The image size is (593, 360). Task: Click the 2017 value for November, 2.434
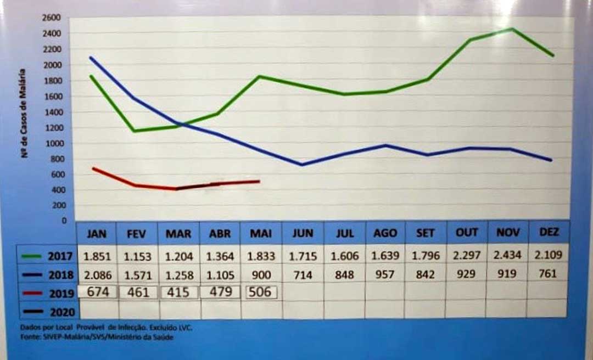(507, 255)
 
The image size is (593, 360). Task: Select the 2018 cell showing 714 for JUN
(303, 274)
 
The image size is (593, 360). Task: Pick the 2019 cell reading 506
(260, 292)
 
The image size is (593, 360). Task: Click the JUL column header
(345, 233)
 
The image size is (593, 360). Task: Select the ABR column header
(220, 233)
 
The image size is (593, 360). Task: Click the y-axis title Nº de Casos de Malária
(24, 114)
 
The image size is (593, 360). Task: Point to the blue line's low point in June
(302, 165)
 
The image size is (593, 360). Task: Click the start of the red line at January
(93, 168)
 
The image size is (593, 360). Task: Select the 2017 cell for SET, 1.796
(426, 255)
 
